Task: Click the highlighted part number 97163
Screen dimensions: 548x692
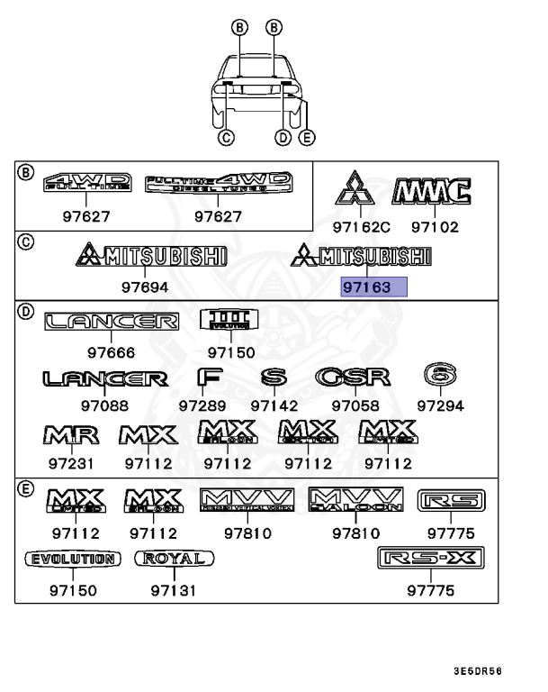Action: (373, 287)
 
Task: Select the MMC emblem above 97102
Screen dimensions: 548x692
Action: (432, 191)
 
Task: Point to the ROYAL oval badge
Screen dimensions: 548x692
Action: (175, 559)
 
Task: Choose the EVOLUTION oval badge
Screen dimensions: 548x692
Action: (71, 559)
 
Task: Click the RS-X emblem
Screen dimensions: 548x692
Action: (430, 560)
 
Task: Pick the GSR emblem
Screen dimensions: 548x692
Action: (353, 378)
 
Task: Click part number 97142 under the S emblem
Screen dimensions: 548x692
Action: (274, 406)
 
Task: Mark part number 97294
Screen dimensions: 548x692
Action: (440, 406)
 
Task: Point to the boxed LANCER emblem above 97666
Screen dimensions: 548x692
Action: (112, 321)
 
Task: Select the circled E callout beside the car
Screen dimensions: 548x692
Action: (307, 138)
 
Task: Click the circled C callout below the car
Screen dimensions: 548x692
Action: (226, 138)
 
